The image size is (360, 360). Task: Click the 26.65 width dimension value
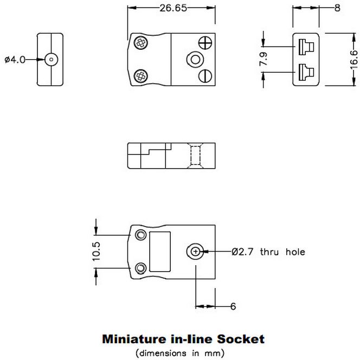(x=171, y=8)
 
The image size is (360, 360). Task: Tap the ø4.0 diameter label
(x=15, y=60)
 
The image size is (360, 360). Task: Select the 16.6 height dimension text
(x=353, y=59)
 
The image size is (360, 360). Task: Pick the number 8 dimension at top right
(x=337, y=8)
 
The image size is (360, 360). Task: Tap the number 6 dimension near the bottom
(x=233, y=307)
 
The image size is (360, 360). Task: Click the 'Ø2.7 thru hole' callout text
(x=268, y=252)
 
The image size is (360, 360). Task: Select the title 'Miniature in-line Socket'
(x=183, y=339)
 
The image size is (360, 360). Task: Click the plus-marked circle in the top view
(x=205, y=42)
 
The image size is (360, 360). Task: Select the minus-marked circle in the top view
(x=205, y=75)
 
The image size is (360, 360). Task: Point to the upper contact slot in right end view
(x=305, y=46)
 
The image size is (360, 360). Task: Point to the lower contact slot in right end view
(x=305, y=71)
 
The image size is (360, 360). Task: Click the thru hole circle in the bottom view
(x=195, y=252)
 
